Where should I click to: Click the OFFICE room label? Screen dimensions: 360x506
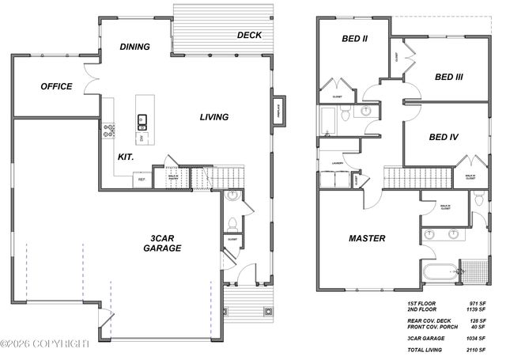pyautogui.click(x=56, y=86)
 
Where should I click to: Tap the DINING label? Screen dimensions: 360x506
pyautogui.click(x=135, y=47)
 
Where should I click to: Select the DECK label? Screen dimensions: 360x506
pyautogui.click(x=249, y=35)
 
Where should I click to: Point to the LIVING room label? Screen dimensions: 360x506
pyautogui.click(x=213, y=117)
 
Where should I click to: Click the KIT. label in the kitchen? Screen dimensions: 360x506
pyautogui.click(x=125, y=157)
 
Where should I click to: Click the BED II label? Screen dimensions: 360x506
pyautogui.click(x=354, y=38)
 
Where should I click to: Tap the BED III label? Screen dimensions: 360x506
pyautogui.click(x=448, y=77)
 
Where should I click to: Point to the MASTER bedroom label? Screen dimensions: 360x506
pyautogui.click(x=367, y=238)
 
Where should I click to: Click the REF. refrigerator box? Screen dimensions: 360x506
pyautogui.click(x=142, y=180)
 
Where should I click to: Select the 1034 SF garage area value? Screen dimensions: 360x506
pyautogui.click(x=476, y=337)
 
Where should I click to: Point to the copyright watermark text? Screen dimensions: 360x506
pyautogui.click(x=45, y=343)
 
